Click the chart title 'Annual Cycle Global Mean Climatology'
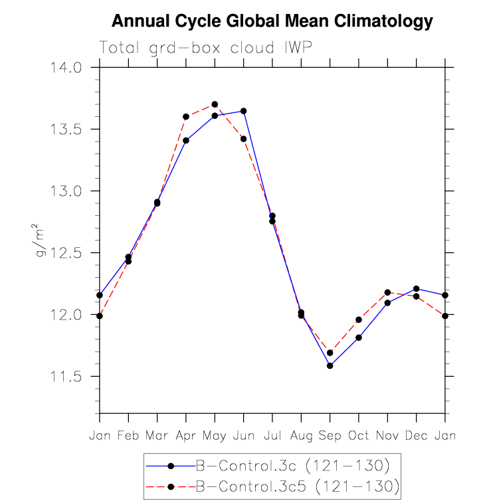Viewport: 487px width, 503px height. pyautogui.click(x=272, y=21)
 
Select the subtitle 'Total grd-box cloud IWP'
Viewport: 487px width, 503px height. pyautogui.click(x=205, y=47)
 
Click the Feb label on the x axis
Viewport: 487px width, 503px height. pyautogui.click(x=128, y=435)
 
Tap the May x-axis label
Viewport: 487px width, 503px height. pyautogui.click(x=215, y=436)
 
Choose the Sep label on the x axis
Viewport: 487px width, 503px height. pyautogui.click(x=330, y=436)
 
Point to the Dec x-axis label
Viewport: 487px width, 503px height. pyautogui.click(x=416, y=435)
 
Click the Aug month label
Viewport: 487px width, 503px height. pyautogui.click(x=301, y=436)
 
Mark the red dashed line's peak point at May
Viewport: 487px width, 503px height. pyautogui.click(x=215, y=104)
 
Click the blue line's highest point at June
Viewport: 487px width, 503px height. pyautogui.click(x=243, y=111)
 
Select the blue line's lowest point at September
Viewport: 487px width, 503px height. pyautogui.click(x=330, y=365)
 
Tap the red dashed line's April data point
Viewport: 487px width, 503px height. pyautogui.click(x=186, y=117)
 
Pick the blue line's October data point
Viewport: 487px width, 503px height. pyautogui.click(x=359, y=338)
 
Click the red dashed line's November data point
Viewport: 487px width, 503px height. pyautogui.click(x=387, y=292)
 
